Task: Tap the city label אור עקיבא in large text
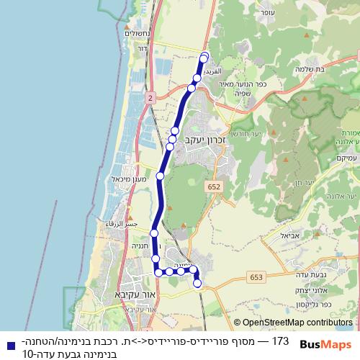pos(134,295)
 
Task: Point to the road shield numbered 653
pos(258,277)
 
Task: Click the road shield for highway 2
pos(149,96)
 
